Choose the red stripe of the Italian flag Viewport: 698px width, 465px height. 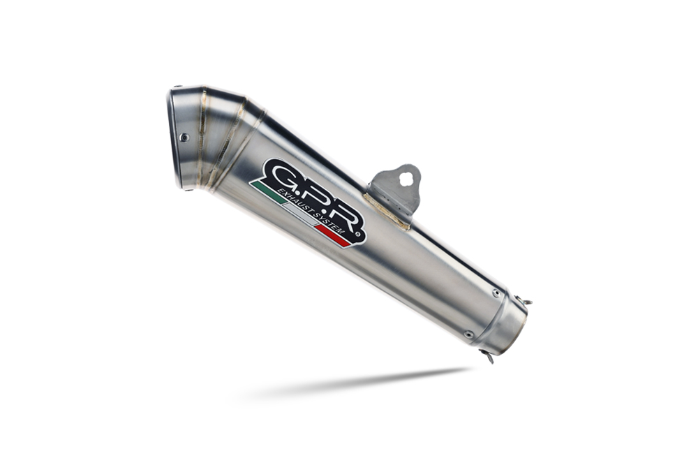(x=333, y=238)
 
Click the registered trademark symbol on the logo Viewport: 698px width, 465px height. (x=359, y=238)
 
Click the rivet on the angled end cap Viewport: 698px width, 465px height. (x=184, y=137)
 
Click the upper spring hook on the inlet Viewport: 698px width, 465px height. (x=526, y=301)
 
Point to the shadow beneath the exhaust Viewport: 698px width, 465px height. (x=363, y=384)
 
